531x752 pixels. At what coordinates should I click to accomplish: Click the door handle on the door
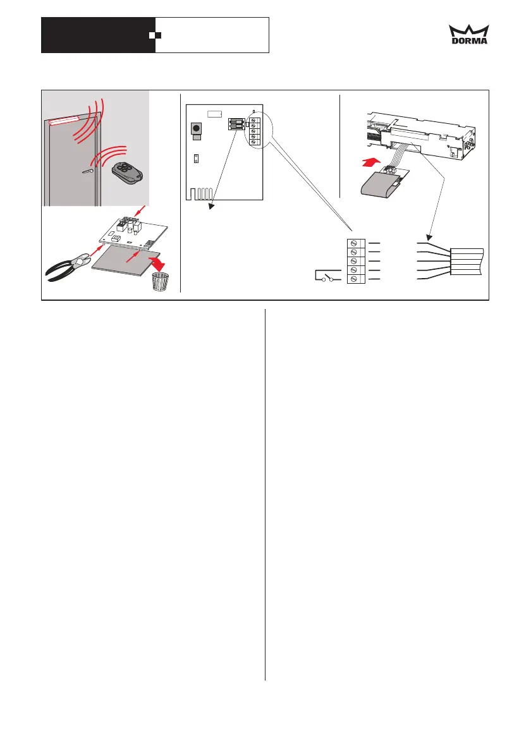(x=89, y=171)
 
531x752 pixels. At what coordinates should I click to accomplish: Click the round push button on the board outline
(x=196, y=129)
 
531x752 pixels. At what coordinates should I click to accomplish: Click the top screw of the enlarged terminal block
(x=355, y=243)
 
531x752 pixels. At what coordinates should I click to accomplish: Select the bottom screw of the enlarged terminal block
(x=355, y=279)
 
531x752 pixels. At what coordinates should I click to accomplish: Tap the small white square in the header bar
(x=152, y=35)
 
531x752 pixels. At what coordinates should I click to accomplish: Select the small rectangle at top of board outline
(x=215, y=114)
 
